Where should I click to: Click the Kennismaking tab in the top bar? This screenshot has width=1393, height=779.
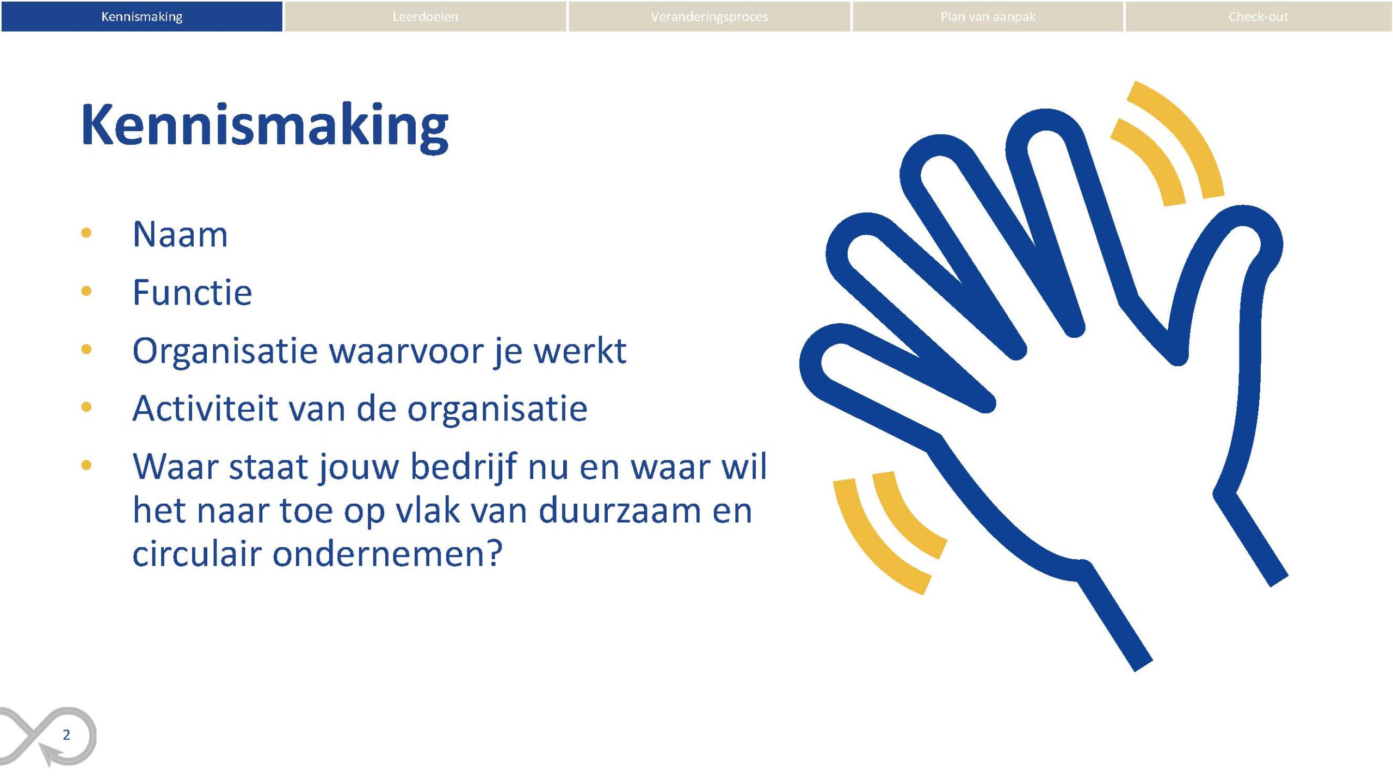tap(141, 16)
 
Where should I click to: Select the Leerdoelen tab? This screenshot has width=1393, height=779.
tap(425, 16)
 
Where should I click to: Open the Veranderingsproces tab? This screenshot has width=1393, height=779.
tap(709, 16)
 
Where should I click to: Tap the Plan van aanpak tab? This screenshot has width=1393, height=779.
tap(988, 16)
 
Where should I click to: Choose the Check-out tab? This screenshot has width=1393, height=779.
tap(1258, 16)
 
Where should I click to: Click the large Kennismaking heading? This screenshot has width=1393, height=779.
tap(265, 126)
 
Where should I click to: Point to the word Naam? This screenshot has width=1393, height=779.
tap(180, 234)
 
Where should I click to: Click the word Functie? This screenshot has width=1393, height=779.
tap(192, 292)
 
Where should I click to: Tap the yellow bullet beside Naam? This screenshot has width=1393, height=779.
tap(86, 233)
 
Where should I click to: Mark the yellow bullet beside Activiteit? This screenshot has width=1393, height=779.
tap(86, 406)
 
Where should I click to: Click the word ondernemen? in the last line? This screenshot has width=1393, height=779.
tap(387, 554)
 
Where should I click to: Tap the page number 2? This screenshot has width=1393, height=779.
tap(66, 735)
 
